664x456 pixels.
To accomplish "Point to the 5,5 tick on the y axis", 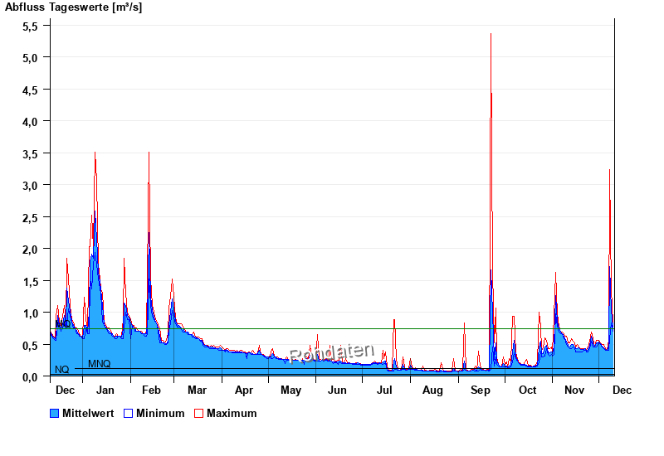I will tap(30, 26).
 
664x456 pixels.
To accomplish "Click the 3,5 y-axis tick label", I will tap(30, 153).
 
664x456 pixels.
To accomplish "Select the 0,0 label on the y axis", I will tap(30, 377).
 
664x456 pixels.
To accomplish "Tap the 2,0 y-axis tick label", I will tap(30, 250).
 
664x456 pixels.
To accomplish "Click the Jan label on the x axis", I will tap(105, 390).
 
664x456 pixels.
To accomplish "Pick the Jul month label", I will tap(384, 390).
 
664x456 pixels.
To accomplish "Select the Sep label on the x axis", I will tap(481, 390).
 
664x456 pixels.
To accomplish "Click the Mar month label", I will tap(198, 390).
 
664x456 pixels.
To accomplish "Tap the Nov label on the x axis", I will tap(574, 390).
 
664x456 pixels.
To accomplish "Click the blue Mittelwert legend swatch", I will tap(55, 413).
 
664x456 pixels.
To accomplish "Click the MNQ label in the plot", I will tap(99, 364).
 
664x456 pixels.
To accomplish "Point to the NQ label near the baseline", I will tap(61, 370).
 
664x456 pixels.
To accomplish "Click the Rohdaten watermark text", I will tap(332, 353).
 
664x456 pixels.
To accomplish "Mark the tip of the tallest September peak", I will tap(491, 34).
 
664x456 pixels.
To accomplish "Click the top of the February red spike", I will tap(149, 153).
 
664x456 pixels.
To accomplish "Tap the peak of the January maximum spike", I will tap(95, 153).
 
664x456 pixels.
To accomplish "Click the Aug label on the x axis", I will tap(432, 390).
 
